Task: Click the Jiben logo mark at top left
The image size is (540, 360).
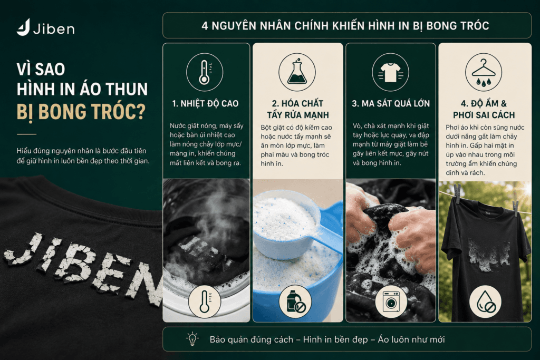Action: tap(23, 27)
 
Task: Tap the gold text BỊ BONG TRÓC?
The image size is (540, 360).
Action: tap(81, 113)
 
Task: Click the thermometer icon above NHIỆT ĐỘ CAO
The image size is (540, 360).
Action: tap(205, 72)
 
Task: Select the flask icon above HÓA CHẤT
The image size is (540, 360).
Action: tap(297, 72)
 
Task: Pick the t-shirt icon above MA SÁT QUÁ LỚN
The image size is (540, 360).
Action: tap(391, 72)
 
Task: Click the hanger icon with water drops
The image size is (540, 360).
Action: tap(484, 72)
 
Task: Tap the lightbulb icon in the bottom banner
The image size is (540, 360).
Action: tap(192, 339)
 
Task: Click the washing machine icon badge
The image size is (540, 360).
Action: tap(391, 302)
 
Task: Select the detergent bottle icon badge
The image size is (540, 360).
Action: tap(295, 302)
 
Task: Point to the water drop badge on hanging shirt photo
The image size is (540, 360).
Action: tap(486, 302)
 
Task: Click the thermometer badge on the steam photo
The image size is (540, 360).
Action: tap(205, 302)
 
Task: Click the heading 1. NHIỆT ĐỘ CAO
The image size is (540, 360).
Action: tap(205, 103)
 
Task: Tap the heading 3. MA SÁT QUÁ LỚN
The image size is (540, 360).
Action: tap(391, 103)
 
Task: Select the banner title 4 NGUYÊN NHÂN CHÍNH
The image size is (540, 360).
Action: tap(345, 26)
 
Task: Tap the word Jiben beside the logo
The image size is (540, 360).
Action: tap(54, 28)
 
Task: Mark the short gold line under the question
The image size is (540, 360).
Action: tap(26, 134)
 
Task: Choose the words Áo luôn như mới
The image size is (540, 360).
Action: tap(411, 339)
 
